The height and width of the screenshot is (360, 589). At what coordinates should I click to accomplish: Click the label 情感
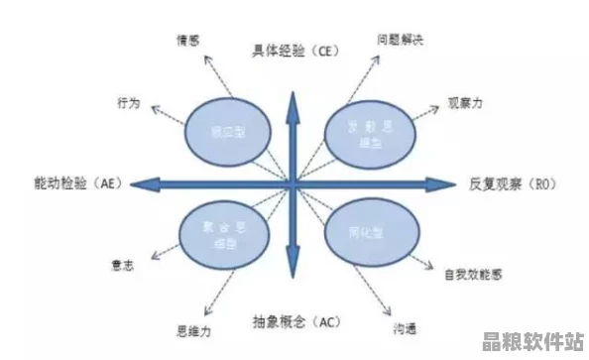[x=187, y=41]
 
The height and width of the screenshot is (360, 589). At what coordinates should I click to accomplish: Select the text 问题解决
[x=400, y=41]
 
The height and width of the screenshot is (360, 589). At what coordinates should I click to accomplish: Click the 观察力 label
[x=463, y=102]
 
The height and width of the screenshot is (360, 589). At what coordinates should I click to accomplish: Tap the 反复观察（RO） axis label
[x=517, y=183]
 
